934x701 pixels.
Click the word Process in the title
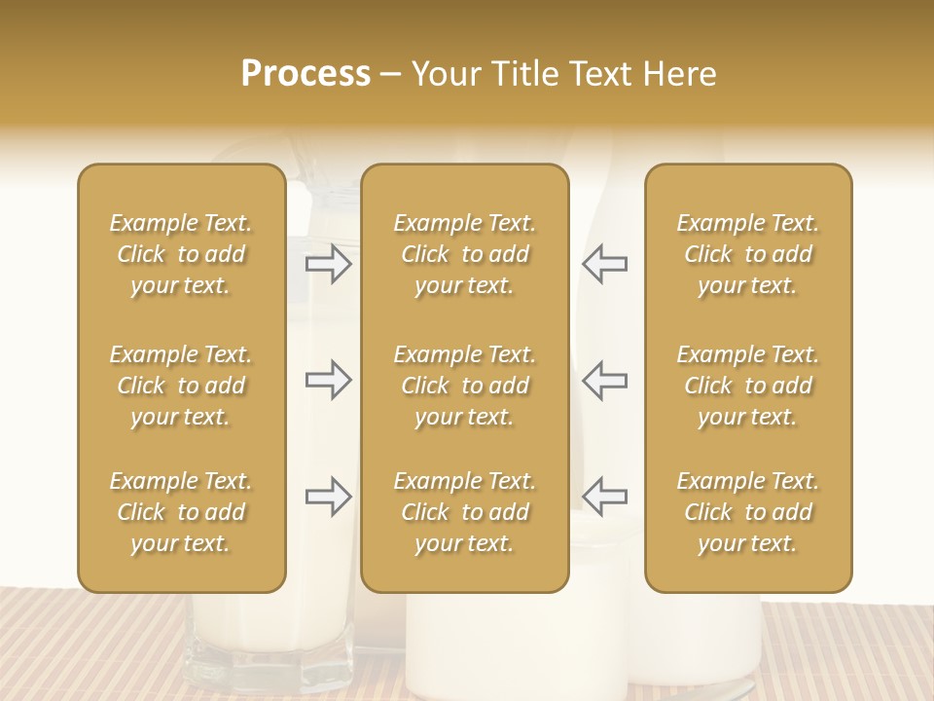click(x=305, y=74)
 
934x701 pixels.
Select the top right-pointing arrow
click(x=328, y=264)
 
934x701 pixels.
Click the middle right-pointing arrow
click(x=328, y=380)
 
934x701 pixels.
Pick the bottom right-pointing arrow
click(x=328, y=497)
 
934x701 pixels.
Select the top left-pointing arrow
click(x=604, y=264)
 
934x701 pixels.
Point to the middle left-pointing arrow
click(x=604, y=380)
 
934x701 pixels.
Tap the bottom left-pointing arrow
click(x=604, y=497)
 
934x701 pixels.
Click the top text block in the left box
click(x=181, y=254)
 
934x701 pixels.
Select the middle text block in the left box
click(x=181, y=386)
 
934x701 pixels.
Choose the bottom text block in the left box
click(x=181, y=512)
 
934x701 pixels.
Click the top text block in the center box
click(x=464, y=254)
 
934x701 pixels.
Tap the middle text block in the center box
click(x=464, y=386)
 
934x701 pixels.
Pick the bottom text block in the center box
click(x=464, y=512)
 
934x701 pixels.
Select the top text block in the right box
click(x=747, y=254)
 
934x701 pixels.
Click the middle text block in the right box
click(x=747, y=386)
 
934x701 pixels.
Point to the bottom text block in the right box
click(x=747, y=512)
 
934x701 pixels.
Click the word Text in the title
click(x=599, y=74)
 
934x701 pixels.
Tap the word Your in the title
click(x=447, y=74)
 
